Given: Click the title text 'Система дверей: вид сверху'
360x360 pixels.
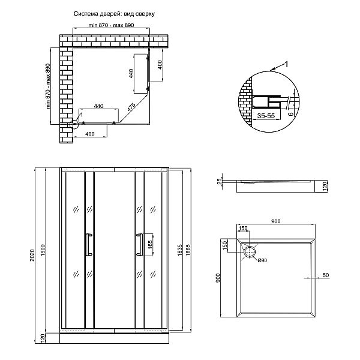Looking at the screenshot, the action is tap(114, 14).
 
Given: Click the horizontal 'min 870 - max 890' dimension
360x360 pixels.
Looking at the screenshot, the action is tap(111, 25).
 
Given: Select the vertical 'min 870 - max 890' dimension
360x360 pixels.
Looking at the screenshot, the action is tap(48, 86).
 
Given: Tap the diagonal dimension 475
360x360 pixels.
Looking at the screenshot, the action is tap(131, 107).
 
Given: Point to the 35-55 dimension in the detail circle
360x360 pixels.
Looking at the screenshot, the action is tap(266, 116).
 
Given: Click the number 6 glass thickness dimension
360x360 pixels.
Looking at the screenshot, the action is tap(291, 113).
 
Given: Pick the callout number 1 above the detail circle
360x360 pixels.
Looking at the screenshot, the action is tap(286, 65).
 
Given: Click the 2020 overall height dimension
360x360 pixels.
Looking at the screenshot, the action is tap(32, 255).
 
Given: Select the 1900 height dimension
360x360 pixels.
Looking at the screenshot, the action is tap(44, 250).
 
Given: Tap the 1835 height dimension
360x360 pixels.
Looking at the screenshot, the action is tap(180, 250).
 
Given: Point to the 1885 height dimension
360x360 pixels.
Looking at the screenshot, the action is tap(188, 250).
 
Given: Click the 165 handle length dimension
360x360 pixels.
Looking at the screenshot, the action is tap(150, 245).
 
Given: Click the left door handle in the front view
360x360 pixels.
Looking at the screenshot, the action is tap(89, 245).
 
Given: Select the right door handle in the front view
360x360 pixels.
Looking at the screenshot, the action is tap(140, 245).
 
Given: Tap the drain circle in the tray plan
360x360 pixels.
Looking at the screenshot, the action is tap(250, 251).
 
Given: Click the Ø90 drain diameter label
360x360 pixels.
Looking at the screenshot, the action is tap(262, 260).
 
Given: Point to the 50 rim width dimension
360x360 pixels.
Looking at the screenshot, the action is tap(326, 275).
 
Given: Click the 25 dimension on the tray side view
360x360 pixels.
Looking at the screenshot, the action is tap(220, 181).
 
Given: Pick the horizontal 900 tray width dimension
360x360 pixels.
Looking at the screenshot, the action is tap(276, 221).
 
